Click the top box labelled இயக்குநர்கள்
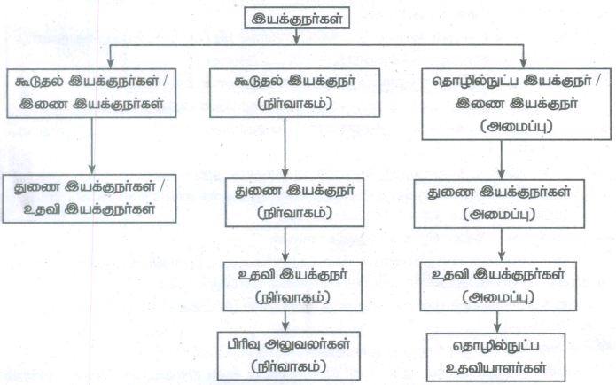click(x=297, y=18)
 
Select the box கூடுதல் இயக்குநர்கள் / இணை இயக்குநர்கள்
click(x=91, y=93)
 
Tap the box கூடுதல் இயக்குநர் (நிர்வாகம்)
click(x=294, y=93)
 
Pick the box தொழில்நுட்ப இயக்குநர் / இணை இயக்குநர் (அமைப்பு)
click(x=517, y=104)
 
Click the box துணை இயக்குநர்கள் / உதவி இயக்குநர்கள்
click(x=90, y=199)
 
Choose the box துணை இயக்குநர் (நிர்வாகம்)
click(x=294, y=202)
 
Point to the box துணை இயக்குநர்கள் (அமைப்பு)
click(x=499, y=204)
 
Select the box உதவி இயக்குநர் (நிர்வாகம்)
click(x=292, y=287)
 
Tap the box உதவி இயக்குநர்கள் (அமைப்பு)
click(x=498, y=287)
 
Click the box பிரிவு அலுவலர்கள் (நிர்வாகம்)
click(x=289, y=357)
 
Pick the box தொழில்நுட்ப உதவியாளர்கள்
click(x=495, y=357)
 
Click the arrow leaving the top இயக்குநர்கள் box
click(x=297, y=36)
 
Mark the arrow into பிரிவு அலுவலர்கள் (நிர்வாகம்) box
click(x=285, y=322)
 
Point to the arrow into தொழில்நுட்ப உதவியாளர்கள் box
click(x=497, y=323)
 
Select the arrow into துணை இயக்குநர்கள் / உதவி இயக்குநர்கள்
click(x=92, y=145)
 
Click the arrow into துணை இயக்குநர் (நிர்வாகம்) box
click(x=285, y=148)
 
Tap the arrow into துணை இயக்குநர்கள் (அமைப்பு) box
click(x=502, y=160)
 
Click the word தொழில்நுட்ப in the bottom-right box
click(x=495, y=347)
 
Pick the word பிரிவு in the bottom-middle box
click(x=244, y=344)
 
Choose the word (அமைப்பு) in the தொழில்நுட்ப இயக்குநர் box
click(x=517, y=126)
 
